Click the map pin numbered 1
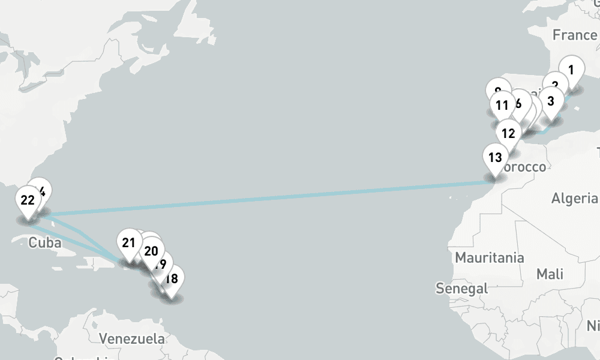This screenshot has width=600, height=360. [x=571, y=70]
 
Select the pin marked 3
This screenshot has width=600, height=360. [x=551, y=101]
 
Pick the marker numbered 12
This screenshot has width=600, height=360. [x=508, y=134]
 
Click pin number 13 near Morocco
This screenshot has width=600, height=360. [x=495, y=158]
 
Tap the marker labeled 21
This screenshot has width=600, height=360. [x=128, y=243]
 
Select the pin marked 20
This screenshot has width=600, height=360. [x=151, y=251]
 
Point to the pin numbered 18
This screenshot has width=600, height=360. [x=172, y=279]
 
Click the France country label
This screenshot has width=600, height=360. [x=575, y=35]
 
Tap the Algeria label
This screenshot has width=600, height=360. [x=575, y=199]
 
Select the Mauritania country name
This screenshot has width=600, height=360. [x=490, y=258]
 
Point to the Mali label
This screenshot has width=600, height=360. [x=550, y=274]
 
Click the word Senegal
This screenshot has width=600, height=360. [x=462, y=289]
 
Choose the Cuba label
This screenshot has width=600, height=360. [x=45, y=243]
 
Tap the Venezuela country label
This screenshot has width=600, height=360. [x=132, y=338]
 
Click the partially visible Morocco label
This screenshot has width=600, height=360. [x=524, y=167]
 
